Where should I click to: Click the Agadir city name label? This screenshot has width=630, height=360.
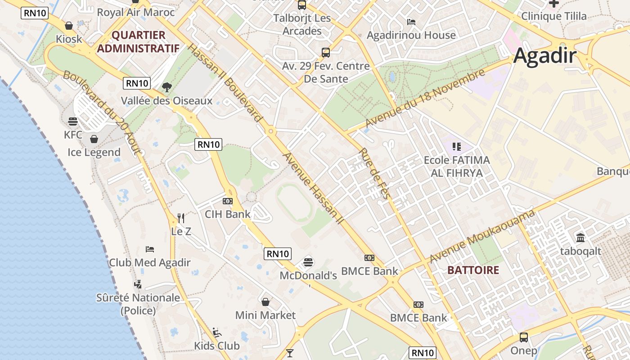(x=544, y=56)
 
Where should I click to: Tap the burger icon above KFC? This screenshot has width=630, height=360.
(x=73, y=121)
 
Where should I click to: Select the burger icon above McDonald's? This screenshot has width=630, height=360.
(x=308, y=261)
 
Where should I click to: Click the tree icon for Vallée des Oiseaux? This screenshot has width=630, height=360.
(x=167, y=87)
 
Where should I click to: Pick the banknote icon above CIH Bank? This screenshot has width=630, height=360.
(x=228, y=201)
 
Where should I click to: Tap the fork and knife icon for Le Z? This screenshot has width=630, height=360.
(x=181, y=218)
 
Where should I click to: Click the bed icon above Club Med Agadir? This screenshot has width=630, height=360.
(x=150, y=249)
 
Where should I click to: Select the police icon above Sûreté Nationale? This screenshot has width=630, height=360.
(x=138, y=284)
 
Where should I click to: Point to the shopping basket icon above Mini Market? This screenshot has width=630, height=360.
(x=265, y=301)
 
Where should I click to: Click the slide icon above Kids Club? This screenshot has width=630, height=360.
(x=216, y=333)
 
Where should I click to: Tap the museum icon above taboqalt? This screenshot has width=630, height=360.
(x=580, y=237)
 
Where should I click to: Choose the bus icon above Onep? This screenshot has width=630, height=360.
(x=524, y=337)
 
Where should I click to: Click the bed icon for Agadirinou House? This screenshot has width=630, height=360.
(x=411, y=22)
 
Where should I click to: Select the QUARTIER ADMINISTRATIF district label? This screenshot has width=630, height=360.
(x=138, y=41)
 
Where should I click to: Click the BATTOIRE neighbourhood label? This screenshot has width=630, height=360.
(x=473, y=270)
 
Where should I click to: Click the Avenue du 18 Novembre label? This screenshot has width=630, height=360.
(x=425, y=98)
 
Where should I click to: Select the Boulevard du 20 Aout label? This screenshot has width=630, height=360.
(x=102, y=112)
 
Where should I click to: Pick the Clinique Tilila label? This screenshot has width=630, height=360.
(x=554, y=16)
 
